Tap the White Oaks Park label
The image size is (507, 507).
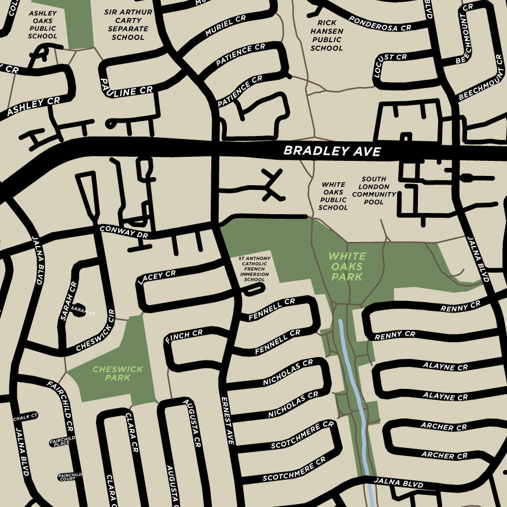click(347, 266)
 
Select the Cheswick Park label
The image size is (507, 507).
click(111, 373)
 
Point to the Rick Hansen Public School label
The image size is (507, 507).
click(326, 35)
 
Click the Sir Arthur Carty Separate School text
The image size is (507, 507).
click(128, 24)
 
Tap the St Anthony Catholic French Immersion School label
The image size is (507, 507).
click(254, 269)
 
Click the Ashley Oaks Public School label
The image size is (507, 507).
click(42, 24)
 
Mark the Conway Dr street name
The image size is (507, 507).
click(123, 232)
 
